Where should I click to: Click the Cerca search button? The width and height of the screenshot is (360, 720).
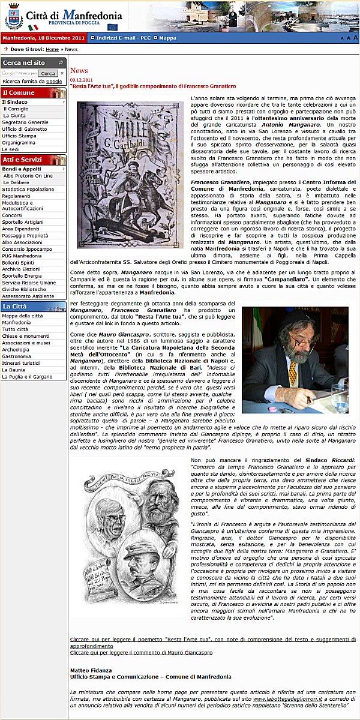click(49, 73)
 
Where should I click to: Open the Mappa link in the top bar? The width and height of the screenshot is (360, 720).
click(167, 38)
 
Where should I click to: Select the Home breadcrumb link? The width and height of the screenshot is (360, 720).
click(52, 49)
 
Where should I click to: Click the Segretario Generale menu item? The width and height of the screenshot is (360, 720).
click(25, 122)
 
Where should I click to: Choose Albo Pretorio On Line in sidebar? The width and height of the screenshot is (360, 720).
click(28, 176)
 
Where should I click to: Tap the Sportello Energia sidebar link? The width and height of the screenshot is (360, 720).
click(22, 276)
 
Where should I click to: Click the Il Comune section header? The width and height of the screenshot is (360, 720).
click(19, 93)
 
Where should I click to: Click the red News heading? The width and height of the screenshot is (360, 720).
click(79, 71)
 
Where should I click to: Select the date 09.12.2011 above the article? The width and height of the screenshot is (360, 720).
click(81, 79)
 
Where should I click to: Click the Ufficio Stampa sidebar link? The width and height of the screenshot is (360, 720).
click(19, 136)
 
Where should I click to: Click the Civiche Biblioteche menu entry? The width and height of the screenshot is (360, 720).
click(24, 289)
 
